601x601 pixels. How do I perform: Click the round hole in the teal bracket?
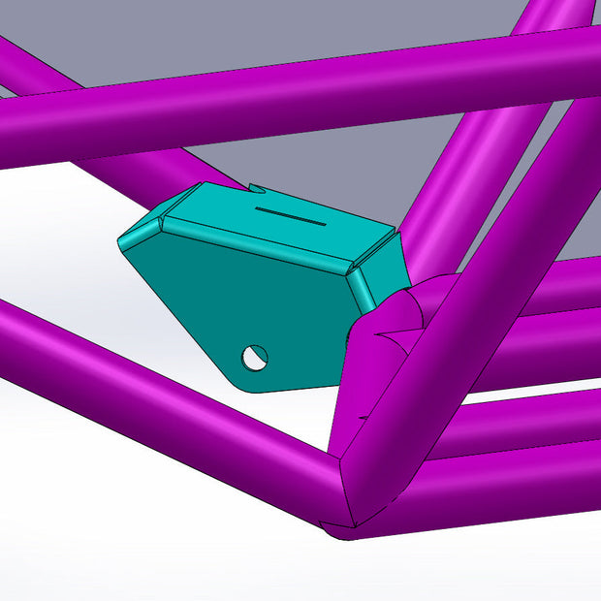255,357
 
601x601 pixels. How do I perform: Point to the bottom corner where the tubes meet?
339,523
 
